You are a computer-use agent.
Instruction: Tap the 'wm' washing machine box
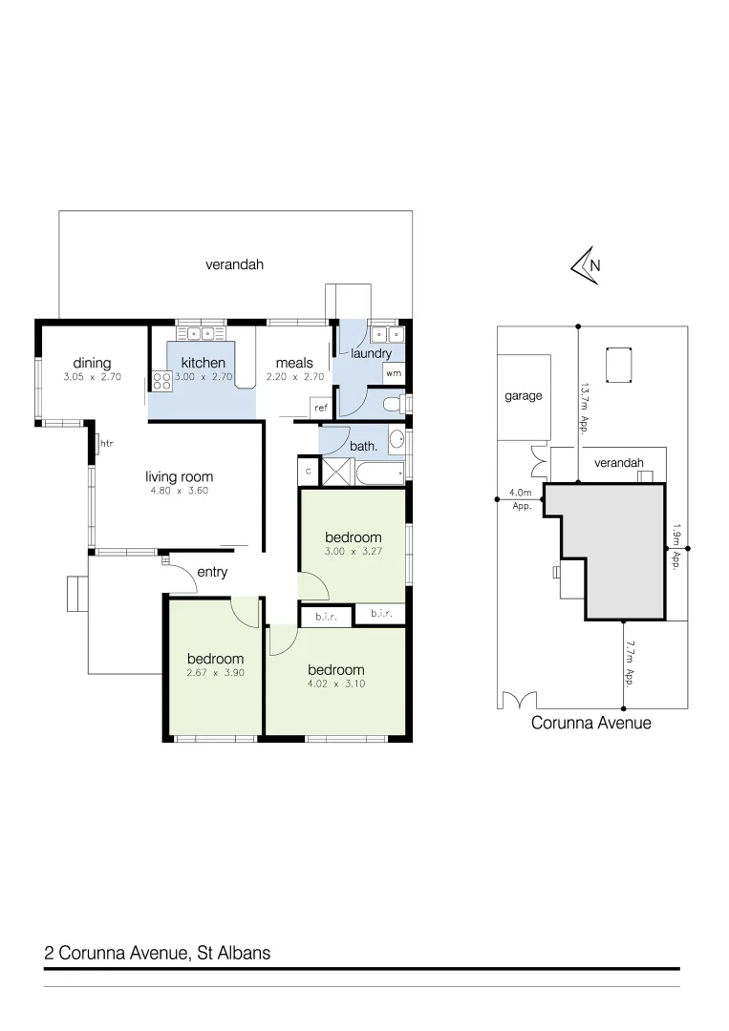[x=394, y=373]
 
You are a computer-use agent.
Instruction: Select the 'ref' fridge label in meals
[x=320, y=408]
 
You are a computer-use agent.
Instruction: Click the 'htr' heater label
[x=106, y=443]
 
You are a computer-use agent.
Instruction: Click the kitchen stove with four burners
[x=161, y=382]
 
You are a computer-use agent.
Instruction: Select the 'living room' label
[x=179, y=476]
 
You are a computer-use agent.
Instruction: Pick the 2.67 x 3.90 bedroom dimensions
[x=215, y=673]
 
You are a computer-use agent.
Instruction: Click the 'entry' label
[x=211, y=572]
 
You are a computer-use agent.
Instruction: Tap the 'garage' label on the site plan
[x=523, y=395]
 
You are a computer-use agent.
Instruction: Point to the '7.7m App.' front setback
[x=630, y=663]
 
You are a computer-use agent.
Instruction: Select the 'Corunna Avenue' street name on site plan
[x=590, y=724]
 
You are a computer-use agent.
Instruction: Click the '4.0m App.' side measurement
[x=521, y=499]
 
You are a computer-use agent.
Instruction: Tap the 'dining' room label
[x=93, y=363]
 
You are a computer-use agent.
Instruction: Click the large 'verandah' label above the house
[x=234, y=264]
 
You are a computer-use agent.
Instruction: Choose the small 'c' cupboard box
[x=309, y=471]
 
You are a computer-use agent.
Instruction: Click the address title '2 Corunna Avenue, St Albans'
[x=158, y=953]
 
